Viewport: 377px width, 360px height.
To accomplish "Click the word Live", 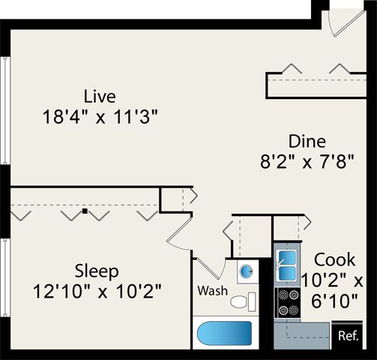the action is point(100,97).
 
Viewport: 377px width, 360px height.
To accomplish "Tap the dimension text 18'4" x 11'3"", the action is point(100,117).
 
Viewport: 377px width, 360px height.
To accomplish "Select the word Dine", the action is point(307,142).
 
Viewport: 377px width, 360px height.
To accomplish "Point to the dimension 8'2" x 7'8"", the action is point(307,162).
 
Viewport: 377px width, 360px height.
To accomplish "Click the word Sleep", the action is point(97,271).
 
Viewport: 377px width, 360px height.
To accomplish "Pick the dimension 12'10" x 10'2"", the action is point(97,291).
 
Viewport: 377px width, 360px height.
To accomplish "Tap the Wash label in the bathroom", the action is point(213,291).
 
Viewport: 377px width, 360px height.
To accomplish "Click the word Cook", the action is point(334,260).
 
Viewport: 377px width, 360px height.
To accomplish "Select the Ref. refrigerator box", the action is point(347,335).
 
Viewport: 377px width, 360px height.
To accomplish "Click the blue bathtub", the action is point(224,333).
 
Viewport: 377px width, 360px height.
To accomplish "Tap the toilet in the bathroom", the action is point(243,301).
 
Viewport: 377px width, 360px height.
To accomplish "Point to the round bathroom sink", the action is point(246,271).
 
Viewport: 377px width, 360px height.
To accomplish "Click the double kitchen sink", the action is point(287,265).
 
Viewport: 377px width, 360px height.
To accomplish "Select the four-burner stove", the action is point(287,303).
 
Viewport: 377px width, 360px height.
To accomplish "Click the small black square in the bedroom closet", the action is point(85,211).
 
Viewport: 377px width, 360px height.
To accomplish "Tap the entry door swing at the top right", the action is point(347,24).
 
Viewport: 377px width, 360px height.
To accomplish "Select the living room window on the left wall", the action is point(5,110).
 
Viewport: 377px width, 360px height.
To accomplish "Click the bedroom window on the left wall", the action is point(5,277).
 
